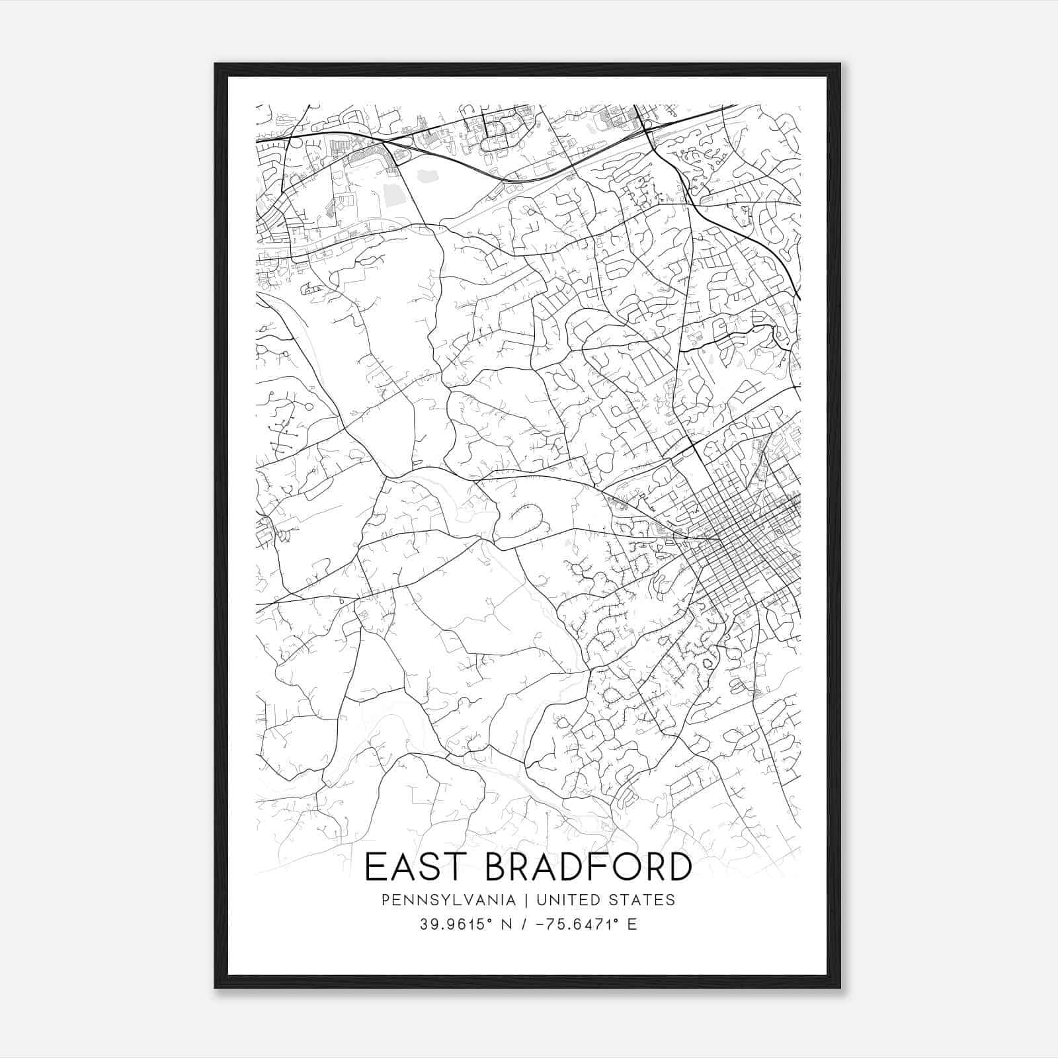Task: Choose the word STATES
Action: [x=643, y=900]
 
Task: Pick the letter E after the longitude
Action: [x=632, y=924]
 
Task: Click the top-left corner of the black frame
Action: [x=216, y=64]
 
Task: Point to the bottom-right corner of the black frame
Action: [x=839, y=987]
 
